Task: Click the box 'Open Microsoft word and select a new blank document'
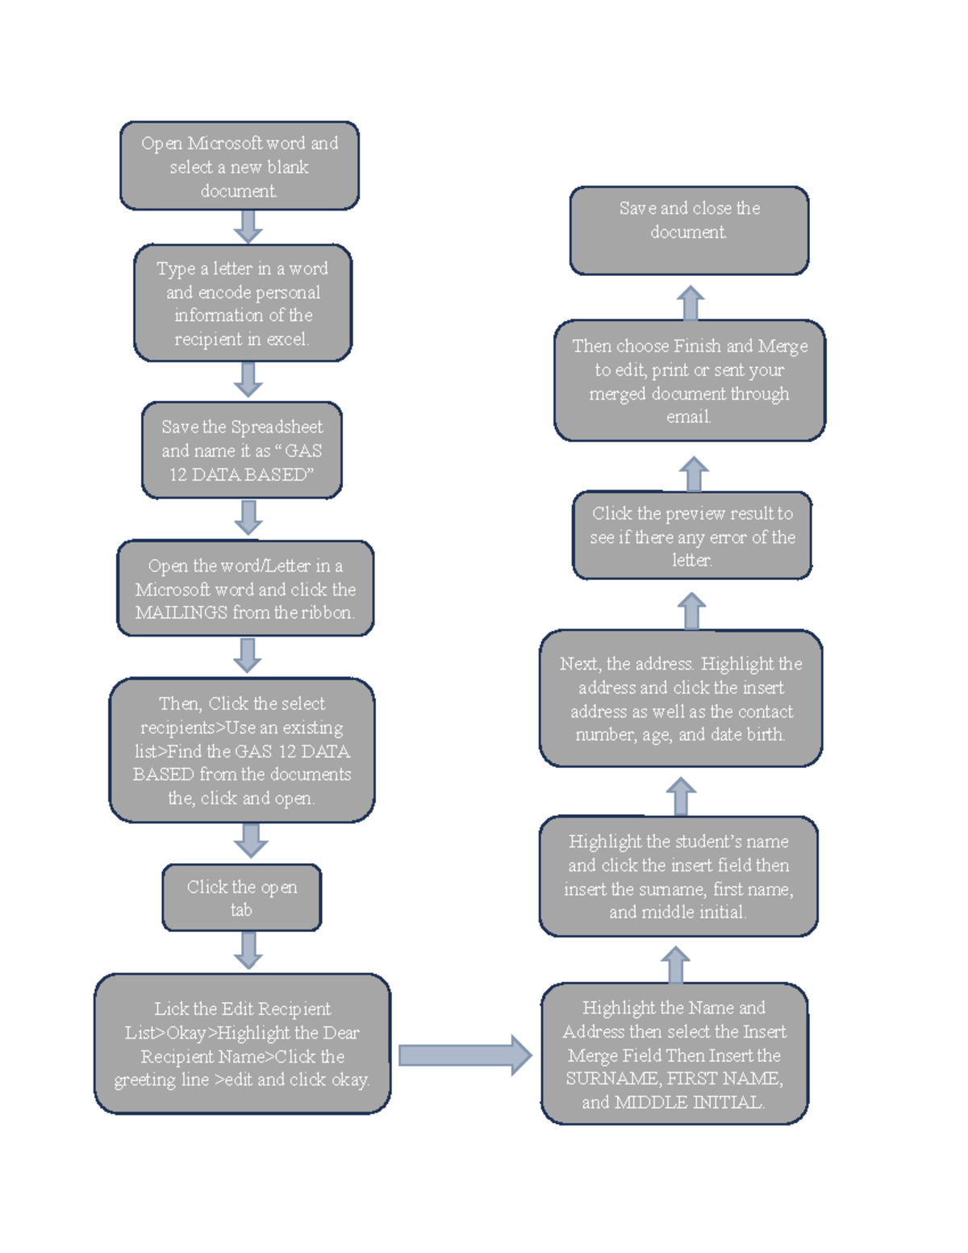click(x=240, y=166)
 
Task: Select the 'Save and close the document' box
click(x=689, y=231)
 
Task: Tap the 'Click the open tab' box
click(x=241, y=897)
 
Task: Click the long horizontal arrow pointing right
click(x=465, y=1055)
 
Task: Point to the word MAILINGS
click(x=181, y=613)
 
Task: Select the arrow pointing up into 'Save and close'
click(x=691, y=303)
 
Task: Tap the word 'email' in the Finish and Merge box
click(x=687, y=417)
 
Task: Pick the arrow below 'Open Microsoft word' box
click(x=248, y=226)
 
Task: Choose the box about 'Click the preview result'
click(x=692, y=536)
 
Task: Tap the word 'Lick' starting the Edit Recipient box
click(x=170, y=1009)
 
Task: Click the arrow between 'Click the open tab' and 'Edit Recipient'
click(x=248, y=950)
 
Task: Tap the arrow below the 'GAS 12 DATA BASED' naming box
click(x=248, y=516)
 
